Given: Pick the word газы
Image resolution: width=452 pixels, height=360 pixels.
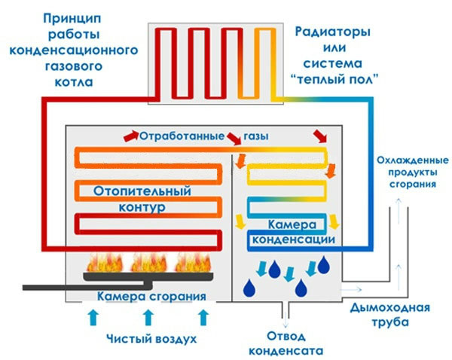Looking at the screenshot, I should point(256,136).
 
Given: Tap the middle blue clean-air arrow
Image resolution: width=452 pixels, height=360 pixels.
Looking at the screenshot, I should point(148,316).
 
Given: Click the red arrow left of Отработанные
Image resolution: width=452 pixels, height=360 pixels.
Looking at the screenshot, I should point(130,136).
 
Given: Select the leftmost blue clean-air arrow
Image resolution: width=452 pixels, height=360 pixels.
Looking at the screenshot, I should point(93,316).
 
